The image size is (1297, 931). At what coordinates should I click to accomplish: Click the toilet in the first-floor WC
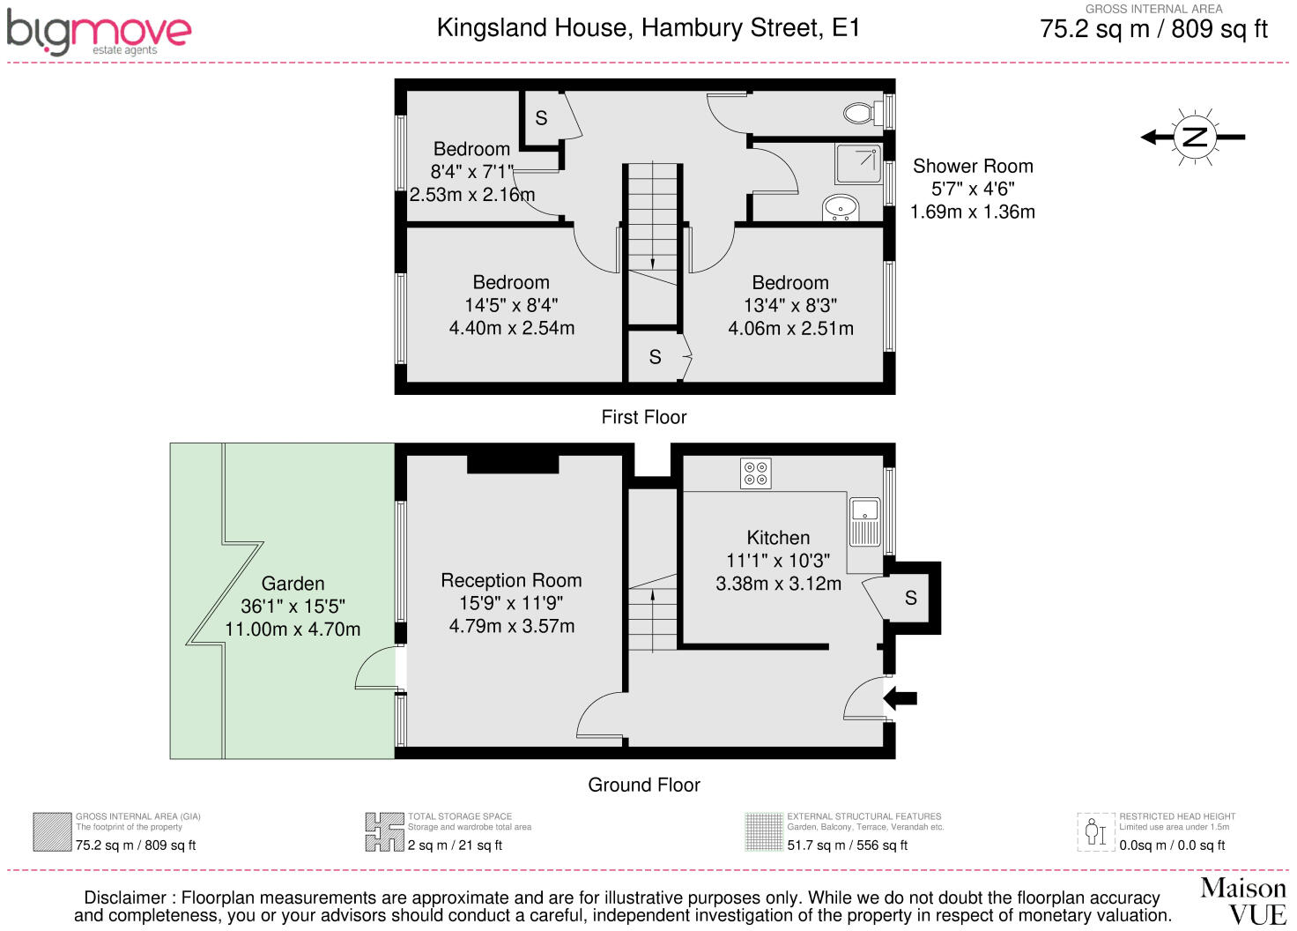click(863, 113)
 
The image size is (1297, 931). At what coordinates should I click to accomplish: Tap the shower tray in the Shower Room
click(858, 164)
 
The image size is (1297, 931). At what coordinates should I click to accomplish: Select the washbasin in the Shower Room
click(841, 207)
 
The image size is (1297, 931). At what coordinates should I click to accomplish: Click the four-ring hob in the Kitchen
click(756, 473)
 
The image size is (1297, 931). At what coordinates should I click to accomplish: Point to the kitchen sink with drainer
click(865, 522)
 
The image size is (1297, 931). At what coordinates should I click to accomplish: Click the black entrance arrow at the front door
click(900, 698)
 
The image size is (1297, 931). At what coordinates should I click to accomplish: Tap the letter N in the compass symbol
click(1194, 138)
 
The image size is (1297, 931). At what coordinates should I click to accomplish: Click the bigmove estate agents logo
click(99, 33)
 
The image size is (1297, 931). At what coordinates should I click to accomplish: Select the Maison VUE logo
click(1242, 901)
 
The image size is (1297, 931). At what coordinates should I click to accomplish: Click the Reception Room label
click(511, 580)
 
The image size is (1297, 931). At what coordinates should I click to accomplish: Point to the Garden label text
click(293, 584)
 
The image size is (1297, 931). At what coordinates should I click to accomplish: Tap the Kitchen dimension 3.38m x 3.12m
click(778, 584)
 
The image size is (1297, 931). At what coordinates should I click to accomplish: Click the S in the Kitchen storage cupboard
click(911, 598)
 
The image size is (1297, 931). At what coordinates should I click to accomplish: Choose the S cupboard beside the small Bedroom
click(541, 118)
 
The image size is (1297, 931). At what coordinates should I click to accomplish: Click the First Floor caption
click(644, 417)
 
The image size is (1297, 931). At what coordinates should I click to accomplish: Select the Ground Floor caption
click(644, 785)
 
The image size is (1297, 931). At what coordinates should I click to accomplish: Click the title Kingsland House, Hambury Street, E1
click(648, 28)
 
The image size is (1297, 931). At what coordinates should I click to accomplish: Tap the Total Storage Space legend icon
click(384, 832)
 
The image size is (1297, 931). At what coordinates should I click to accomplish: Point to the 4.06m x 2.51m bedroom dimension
click(790, 329)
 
